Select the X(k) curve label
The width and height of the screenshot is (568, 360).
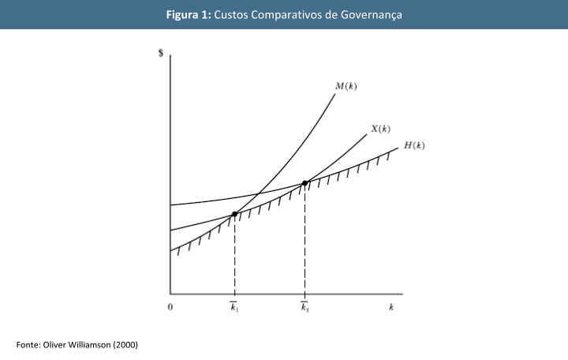(380, 129)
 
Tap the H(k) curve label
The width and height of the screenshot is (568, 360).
(414, 145)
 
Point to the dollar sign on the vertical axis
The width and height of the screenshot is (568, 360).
(162, 54)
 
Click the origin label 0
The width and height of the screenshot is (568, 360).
(170, 308)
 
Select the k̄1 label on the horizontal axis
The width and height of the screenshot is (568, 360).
(234, 308)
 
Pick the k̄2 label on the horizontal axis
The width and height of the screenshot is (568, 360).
(305, 308)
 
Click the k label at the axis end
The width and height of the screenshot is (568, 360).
(391, 308)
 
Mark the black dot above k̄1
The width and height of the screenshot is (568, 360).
(234, 214)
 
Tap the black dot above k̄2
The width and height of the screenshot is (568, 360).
(305, 183)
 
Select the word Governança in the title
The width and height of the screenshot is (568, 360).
(372, 15)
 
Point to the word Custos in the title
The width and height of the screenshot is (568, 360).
(234, 15)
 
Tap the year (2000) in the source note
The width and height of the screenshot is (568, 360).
(125, 344)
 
